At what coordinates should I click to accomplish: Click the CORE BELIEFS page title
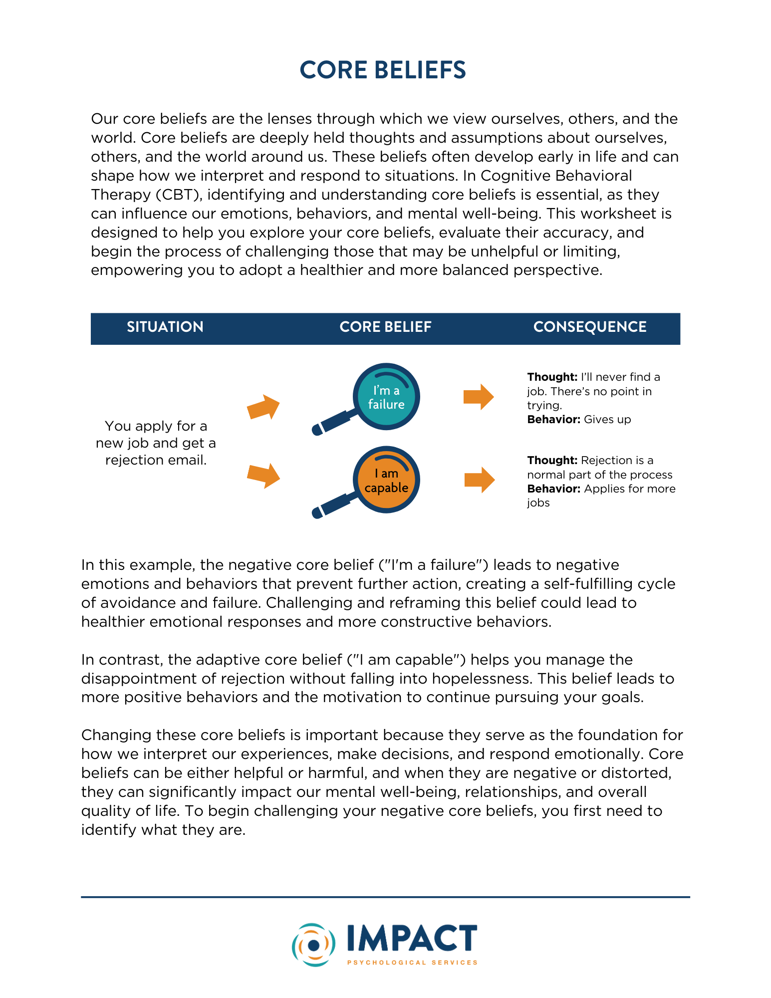383,70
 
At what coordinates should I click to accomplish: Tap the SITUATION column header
165,327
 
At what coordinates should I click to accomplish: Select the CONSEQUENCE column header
590,327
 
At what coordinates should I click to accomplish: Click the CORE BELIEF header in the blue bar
385,327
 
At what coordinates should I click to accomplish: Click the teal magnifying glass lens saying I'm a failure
386,397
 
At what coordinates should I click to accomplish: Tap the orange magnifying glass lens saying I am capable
386,480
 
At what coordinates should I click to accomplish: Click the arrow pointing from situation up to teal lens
263,407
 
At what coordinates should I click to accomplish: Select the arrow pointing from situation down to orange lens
263,476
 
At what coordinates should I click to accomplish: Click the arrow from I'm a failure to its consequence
479,397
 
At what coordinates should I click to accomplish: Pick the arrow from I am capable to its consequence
479,480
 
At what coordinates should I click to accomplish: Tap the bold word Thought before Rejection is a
552,460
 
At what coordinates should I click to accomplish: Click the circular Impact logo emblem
313,945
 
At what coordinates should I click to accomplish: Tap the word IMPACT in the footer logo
412,939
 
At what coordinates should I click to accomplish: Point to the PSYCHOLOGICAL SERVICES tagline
412,963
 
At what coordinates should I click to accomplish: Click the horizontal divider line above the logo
385,897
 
